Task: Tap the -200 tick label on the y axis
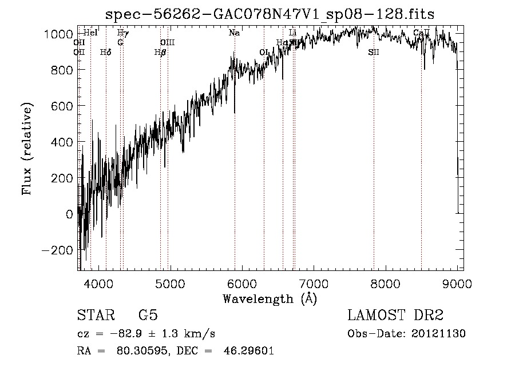[x=57, y=250]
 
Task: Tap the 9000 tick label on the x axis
[x=457, y=283]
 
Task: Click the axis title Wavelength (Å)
[x=269, y=298]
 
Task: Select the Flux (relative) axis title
[x=27, y=149]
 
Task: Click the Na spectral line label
[x=234, y=33]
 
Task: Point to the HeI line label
[x=90, y=33]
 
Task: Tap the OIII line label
[x=167, y=43]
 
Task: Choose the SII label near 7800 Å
[x=374, y=53]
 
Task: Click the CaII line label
[x=421, y=33]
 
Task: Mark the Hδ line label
[x=105, y=53]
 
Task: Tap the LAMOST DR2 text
[x=395, y=316]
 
